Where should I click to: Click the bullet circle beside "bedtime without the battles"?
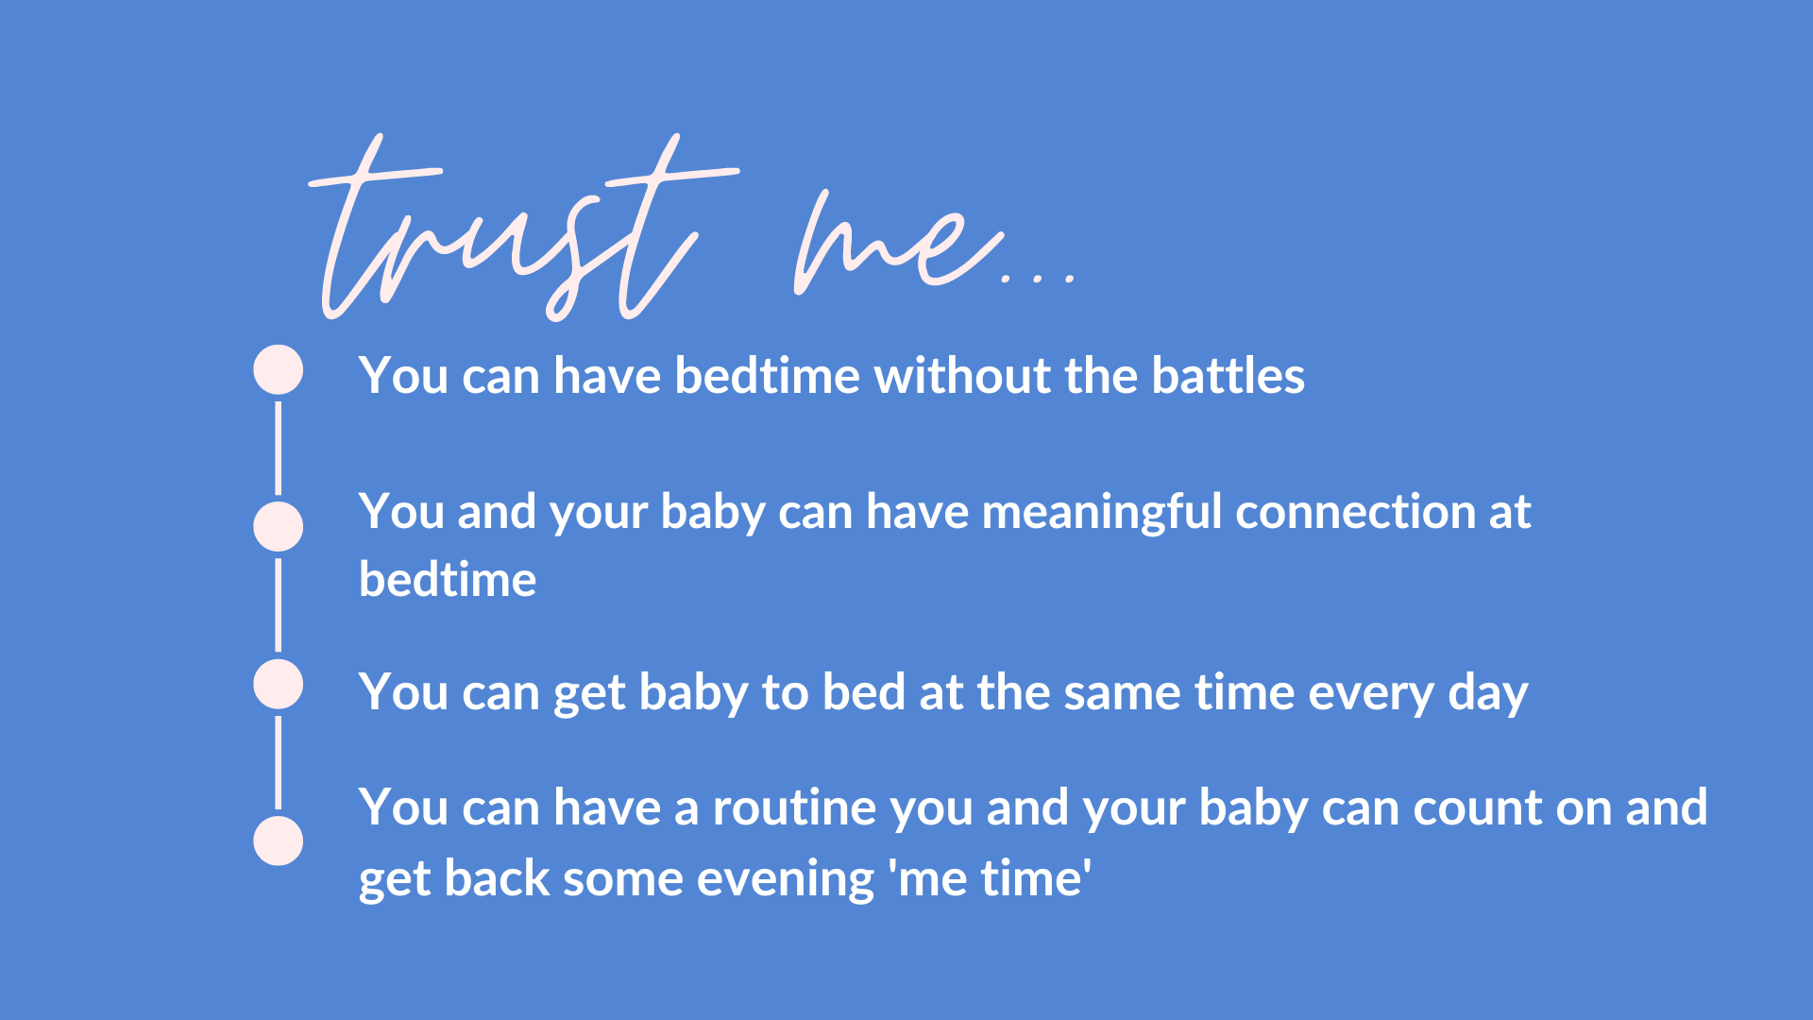(278, 369)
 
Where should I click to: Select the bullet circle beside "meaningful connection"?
(278, 527)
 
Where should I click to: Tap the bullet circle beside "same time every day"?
(278, 685)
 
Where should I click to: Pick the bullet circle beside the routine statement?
(278, 841)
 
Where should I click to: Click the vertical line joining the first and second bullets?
(278, 448)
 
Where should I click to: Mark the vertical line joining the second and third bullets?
(278, 604)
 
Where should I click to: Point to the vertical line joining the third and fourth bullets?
(278, 762)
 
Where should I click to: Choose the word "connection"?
(1356, 512)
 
